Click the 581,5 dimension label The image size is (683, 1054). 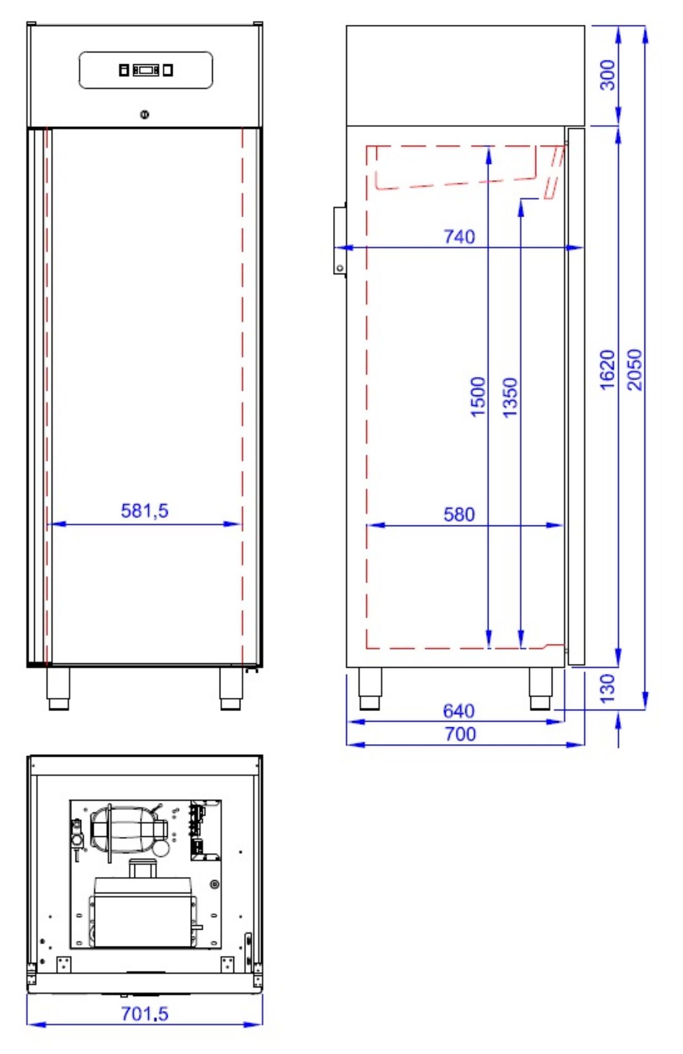point(144,511)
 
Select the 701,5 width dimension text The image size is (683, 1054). point(144,1013)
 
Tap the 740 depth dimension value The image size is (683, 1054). point(459,237)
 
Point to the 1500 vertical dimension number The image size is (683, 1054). point(477,397)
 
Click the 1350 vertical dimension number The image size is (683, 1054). point(510,397)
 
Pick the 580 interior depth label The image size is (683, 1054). point(459,514)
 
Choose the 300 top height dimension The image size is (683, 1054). point(608,75)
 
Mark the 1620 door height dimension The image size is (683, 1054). point(608,369)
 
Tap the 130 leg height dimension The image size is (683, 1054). point(608,688)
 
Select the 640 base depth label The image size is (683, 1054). point(458,711)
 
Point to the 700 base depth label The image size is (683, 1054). point(460,734)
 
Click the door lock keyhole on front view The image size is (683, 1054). point(145,114)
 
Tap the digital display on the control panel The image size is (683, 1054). point(145,70)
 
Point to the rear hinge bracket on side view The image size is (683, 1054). point(339,240)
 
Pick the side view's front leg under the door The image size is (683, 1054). point(541,688)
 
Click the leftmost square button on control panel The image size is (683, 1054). point(124,70)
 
